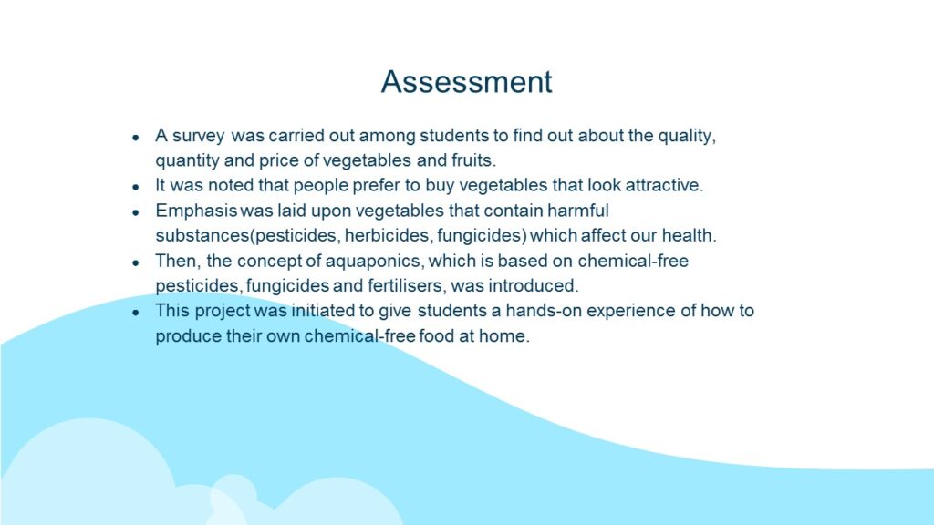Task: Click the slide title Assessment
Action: click(x=466, y=81)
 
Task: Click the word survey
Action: click(x=198, y=137)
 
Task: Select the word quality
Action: click(x=687, y=137)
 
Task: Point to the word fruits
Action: click(x=473, y=160)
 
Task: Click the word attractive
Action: click(x=664, y=185)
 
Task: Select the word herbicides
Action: click(x=388, y=236)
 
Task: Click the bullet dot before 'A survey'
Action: click(x=136, y=138)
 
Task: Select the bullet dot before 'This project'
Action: click(x=136, y=313)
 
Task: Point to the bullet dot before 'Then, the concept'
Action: click(x=136, y=262)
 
